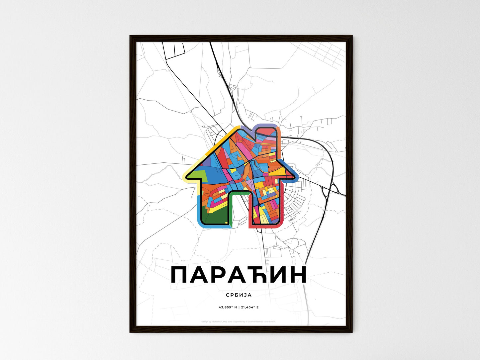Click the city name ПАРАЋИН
pos(238,275)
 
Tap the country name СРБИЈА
pos(238,295)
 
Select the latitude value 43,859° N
pos(227,307)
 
